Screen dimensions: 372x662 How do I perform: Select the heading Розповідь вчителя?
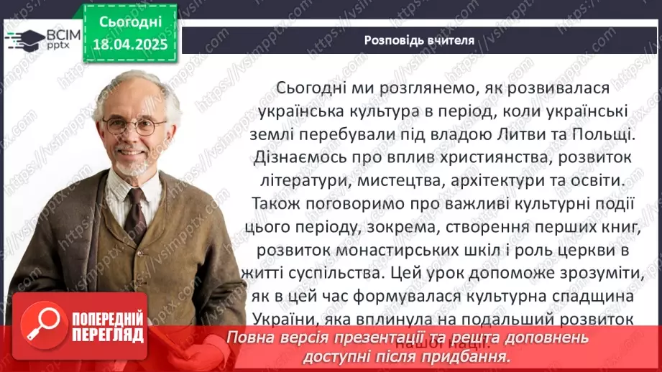pyautogui.click(x=418, y=40)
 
